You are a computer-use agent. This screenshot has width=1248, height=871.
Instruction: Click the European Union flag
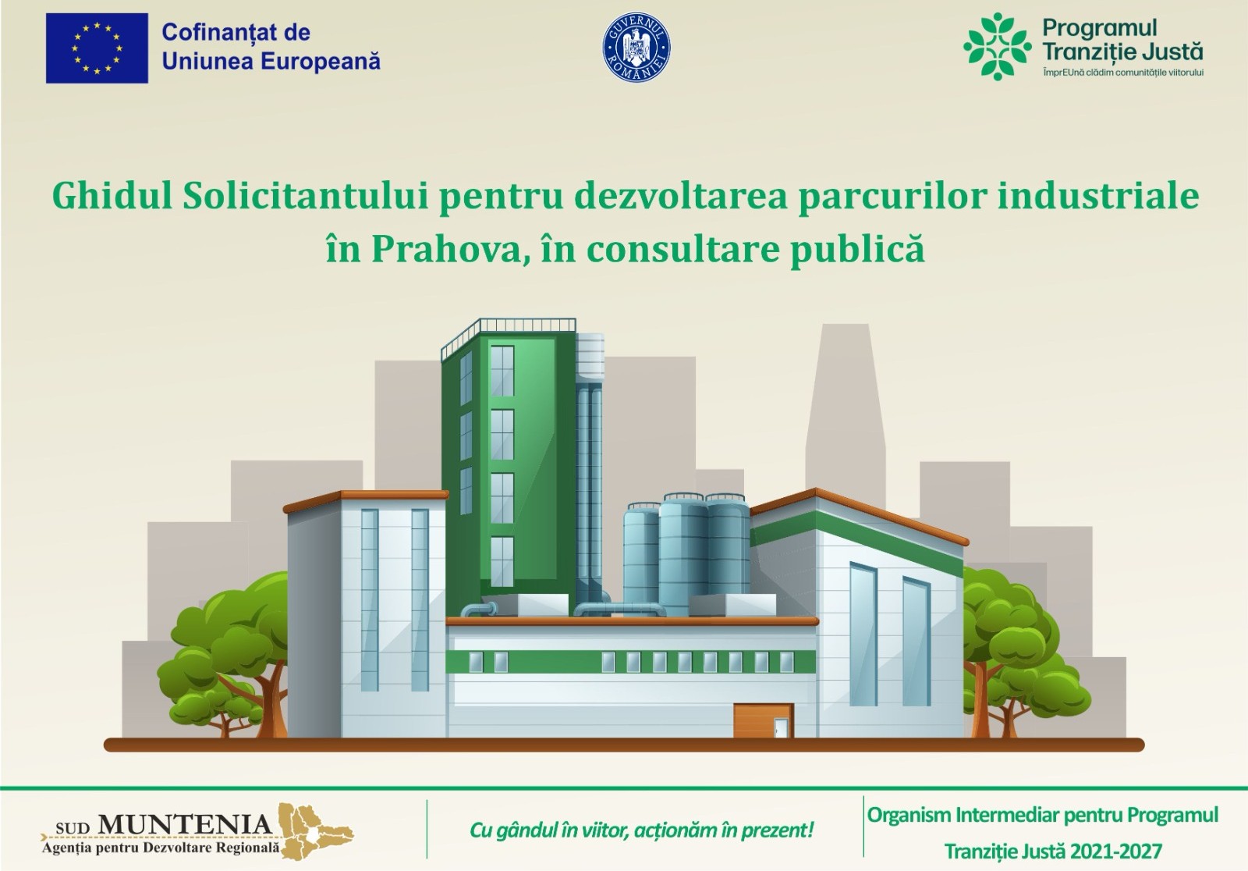click(97, 48)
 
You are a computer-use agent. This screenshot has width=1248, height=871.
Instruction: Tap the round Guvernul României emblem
click(636, 48)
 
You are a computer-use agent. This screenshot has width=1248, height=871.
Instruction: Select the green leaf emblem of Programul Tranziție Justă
click(998, 46)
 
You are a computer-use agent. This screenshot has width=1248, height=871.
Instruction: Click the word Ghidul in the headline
click(112, 197)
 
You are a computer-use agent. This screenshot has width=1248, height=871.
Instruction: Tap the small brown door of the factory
click(764, 720)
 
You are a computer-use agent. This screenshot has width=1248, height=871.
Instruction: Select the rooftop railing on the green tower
click(508, 335)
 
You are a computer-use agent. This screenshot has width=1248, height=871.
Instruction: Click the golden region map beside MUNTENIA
click(315, 830)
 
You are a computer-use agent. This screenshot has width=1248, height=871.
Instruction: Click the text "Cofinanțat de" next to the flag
click(236, 32)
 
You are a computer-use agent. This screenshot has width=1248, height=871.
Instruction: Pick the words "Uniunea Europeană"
click(271, 61)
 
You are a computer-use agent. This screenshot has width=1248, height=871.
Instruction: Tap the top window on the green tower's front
click(502, 371)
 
